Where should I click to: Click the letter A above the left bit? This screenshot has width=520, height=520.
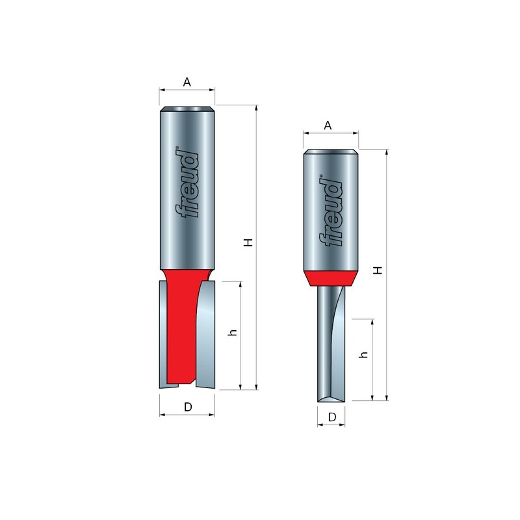(187, 83)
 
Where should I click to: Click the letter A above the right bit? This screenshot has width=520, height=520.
(329, 125)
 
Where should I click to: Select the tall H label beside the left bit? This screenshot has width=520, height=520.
(248, 242)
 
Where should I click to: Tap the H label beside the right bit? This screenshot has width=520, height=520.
(377, 270)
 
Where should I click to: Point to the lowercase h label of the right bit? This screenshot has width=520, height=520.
(364, 355)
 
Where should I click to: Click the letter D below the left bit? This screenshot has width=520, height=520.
(187, 408)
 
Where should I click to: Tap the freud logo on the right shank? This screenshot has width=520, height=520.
(331, 212)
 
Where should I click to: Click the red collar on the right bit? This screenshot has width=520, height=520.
(331, 278)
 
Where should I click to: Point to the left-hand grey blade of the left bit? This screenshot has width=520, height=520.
(163, 331)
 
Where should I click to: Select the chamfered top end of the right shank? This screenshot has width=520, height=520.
(331, 153)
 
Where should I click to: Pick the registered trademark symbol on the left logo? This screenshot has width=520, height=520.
(177, 149)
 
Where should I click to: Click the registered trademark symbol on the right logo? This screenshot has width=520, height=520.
(320, 175)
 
